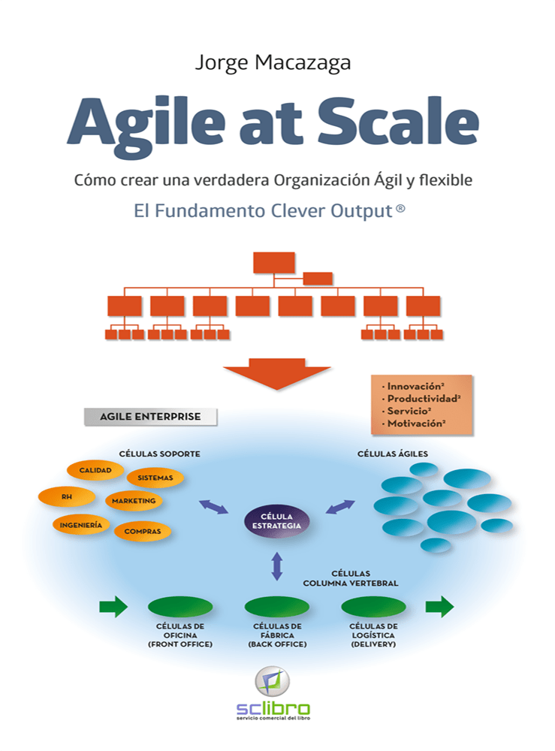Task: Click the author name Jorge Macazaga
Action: [273, 63]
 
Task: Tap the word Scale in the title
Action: [398, 121]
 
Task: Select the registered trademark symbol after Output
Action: [401, 209]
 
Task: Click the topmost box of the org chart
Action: [274, 263]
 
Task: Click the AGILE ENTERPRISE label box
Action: [150, 417]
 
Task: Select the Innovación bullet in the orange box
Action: [413, 386]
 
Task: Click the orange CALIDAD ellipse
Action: [95, 470]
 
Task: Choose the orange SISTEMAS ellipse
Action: [155, 478]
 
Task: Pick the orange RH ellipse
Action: [67, 497]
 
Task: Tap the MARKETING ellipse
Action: [134, 501]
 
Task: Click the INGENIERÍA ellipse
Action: [81, 526]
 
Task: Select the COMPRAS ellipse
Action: [143, 532]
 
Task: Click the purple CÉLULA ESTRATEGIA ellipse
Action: [277, 521]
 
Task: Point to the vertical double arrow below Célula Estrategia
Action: [277, 566]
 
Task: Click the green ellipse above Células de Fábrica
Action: [277, 607]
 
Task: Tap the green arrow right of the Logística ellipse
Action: [439, 607]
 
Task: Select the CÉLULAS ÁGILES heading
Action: [393, 454]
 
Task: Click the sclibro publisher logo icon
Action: [273, 681]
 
